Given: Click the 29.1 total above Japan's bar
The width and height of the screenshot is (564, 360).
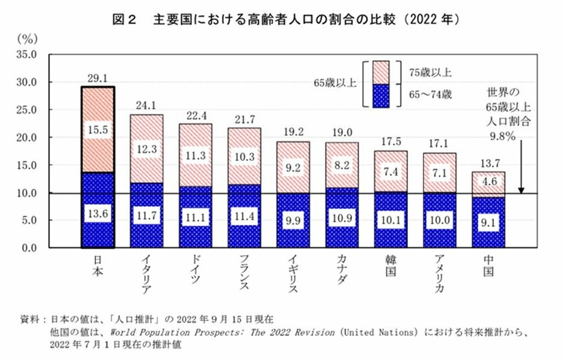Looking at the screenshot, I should pos(97,77).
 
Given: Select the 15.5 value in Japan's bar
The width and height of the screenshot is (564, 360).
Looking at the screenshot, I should pos(97,130).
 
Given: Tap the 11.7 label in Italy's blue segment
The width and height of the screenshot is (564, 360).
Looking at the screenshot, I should pos(146,220).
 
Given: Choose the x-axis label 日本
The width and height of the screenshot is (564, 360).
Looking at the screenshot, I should pos(97,267).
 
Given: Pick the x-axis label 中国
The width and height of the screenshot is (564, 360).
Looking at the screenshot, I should pos(488,267).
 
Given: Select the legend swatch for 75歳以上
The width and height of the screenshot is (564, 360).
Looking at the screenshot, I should pos(381,72).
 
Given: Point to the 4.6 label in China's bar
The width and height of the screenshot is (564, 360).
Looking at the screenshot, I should pos(488,182).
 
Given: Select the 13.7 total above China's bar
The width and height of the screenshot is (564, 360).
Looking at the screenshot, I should pos(488,164).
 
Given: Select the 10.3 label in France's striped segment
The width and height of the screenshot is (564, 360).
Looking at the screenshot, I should pos(244,157).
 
